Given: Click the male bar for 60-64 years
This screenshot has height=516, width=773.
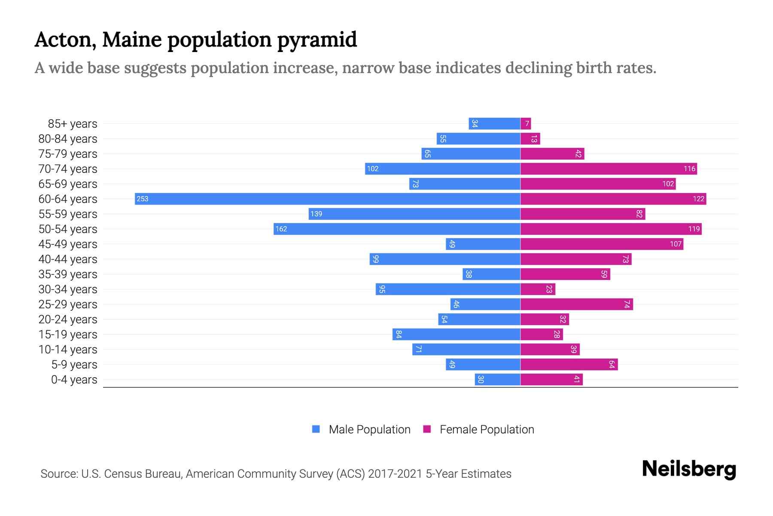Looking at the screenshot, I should tap(327, 199).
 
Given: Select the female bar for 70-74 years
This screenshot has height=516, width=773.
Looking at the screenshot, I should tap(609, 169).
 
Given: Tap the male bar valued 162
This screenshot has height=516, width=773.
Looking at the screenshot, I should tap(397, 229).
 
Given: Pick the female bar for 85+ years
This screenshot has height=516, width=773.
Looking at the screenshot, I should tap(526, 123).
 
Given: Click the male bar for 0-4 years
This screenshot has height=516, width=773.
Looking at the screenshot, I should tap(497, 379).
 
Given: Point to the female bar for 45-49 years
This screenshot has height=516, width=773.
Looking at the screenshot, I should tap(602, 244).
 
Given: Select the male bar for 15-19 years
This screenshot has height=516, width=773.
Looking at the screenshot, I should tap(456, 334).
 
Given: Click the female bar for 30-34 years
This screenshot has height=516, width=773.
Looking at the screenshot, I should tap(538, 289).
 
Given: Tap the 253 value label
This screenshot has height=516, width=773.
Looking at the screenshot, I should tap(143, 199).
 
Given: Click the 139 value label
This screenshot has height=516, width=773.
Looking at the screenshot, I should tap(316, 214).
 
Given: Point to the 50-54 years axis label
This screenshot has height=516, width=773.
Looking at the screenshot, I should tap(68, 229).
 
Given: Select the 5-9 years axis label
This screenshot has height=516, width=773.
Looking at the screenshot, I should tap(74, 364).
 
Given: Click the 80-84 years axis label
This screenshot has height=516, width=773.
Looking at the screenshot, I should tap(68, 138).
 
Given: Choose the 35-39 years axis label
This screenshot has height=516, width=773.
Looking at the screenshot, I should tap(68, 274).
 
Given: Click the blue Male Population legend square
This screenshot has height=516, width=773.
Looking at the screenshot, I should tap(316, 429).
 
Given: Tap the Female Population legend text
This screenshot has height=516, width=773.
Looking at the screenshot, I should tap(487, 429).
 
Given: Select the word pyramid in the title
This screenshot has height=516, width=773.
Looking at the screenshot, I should tap(317, 40).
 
